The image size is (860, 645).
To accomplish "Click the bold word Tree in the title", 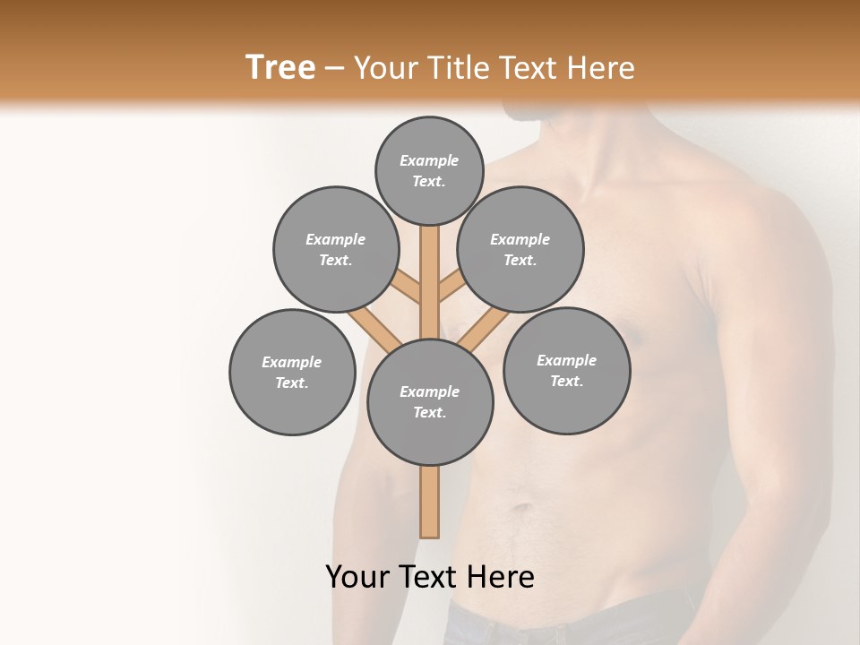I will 280,67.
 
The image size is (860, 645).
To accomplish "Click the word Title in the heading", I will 457,67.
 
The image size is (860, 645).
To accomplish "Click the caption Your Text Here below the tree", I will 430,577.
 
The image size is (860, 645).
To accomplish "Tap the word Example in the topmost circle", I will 429,160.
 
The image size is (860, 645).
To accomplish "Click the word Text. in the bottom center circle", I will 430,412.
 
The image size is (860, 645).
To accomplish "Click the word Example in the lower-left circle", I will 292,362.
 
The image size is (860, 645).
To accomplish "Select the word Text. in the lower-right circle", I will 566,381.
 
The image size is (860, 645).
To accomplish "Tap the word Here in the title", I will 605,67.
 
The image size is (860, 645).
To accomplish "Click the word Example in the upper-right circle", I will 520,239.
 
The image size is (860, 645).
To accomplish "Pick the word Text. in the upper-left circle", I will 336,260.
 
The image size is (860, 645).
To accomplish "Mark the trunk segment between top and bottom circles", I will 430,287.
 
